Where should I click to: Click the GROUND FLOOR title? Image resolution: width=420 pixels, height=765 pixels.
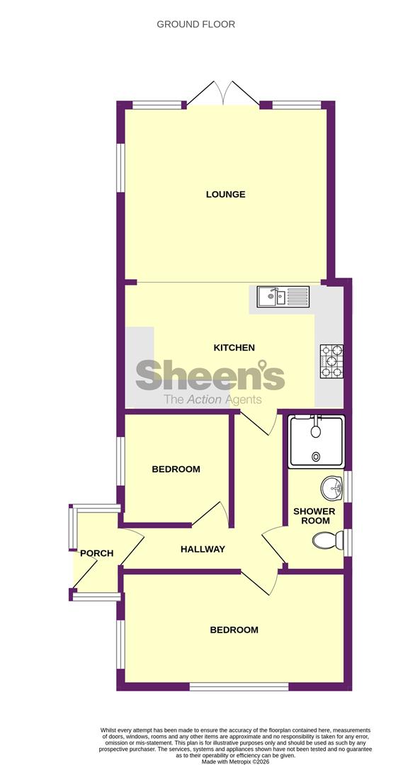(x=195, y=24)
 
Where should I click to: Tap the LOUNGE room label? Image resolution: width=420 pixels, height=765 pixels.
(x=225, y=194)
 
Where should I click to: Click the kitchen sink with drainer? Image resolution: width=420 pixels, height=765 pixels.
(x=283, y=296)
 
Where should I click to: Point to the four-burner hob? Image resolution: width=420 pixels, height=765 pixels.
(x=331, y=361)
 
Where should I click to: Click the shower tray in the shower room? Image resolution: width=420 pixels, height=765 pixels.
(x=317, y=441)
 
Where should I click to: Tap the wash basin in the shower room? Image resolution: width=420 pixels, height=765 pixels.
(x=333, y=488)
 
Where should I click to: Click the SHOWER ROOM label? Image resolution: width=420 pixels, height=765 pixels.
(x=314, y=516)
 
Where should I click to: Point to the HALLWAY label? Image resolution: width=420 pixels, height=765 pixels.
(x=203, y=549)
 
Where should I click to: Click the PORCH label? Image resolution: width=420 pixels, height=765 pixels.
(x=96, y=553)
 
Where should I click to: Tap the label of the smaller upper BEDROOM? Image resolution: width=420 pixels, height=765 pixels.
(x=176, y=470)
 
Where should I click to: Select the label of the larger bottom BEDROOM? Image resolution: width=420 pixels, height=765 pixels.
(x=234, y=630)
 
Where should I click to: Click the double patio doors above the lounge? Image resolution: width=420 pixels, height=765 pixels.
(x=223, y=93)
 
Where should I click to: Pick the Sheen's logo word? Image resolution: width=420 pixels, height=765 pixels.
(x=210, y=375)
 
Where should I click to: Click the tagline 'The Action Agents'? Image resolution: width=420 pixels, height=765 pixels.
(x=212, y=400)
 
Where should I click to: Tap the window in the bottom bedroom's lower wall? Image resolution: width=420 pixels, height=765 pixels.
(x=239, y=686)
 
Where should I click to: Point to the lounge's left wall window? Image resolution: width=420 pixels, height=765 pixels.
(x=120, y=167)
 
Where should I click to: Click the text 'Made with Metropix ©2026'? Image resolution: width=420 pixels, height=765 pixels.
(x=236, y=761)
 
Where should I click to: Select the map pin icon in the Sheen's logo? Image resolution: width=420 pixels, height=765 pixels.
(x=263, y=365)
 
